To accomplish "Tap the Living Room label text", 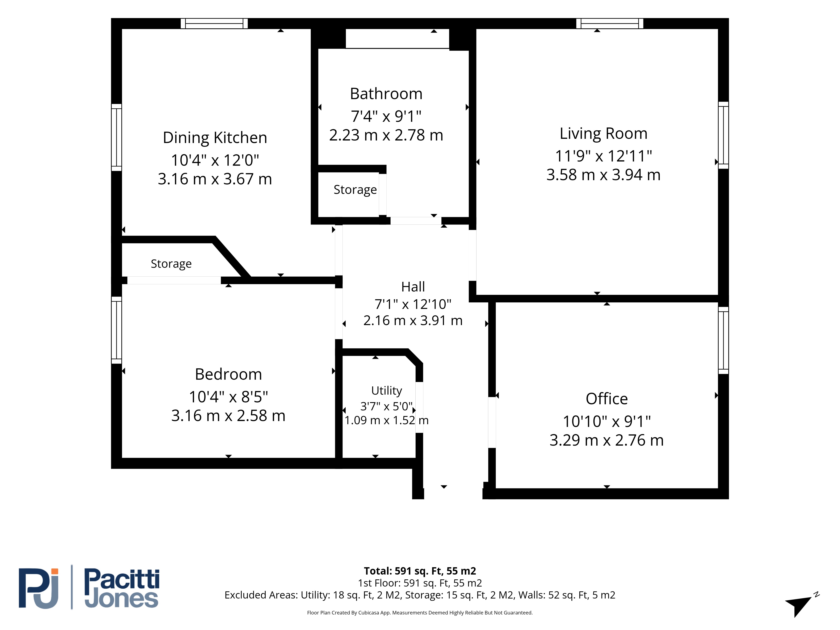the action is pyautogui.click(x=603, y=133).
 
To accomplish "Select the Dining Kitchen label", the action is pyautogui.click(x=215, y=138).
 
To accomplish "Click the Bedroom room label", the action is pyautogui.click(x=228, y=374).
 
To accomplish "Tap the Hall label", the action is pyautogui.click(x=413, y=287).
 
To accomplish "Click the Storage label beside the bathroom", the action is pyautogui.click(x=355, y=189).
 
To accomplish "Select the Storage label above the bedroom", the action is pyautogui.click(x=171, y=264).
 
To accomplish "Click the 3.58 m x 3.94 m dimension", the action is pyautogui.click(x=603, y=175).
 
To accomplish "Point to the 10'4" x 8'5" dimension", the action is pyautogui.click(x=228, y=397).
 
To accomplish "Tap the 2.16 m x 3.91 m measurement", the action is pyautogui.click(x=413, y=320).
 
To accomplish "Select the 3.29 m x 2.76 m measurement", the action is pyautogui.click(x=606, y=440).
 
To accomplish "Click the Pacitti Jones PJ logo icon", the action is pyautogui.click(x=39, y=588).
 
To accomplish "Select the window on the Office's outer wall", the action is pyautogui.click(x=723, y=340).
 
